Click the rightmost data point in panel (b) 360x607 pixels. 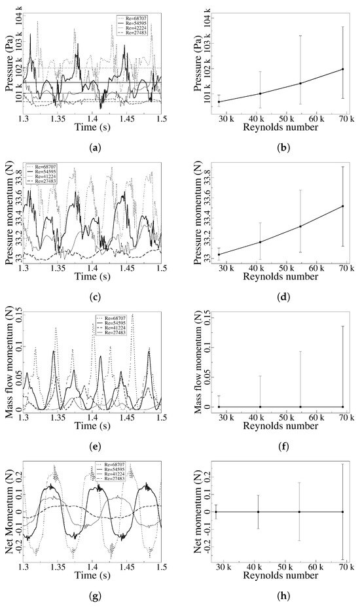point(342,69)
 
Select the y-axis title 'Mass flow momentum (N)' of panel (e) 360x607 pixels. point(9,364)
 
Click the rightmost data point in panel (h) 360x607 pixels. point(342,512)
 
